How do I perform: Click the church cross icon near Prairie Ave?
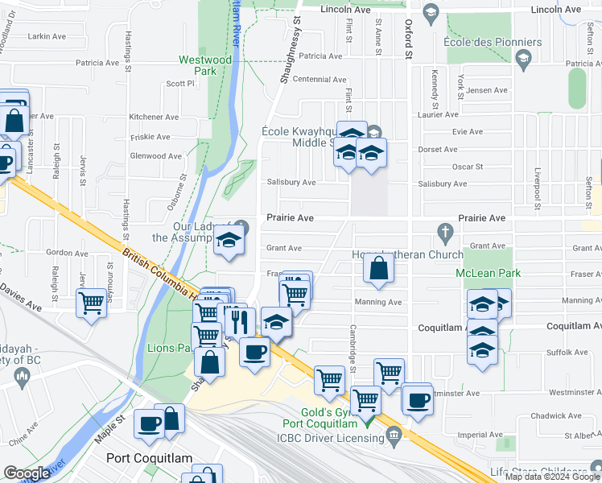[x=444, y=233]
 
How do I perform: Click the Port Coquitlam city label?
[x=150, y=458]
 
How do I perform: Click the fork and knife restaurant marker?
[x=240, y=321]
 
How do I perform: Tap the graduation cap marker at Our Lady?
[x=229, y=242]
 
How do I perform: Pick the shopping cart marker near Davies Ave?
[x=92, y=303]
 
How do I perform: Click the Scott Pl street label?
[x=180, y=83]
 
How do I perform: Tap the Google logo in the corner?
[x=27, y=473]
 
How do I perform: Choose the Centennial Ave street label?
[x=319, y=80]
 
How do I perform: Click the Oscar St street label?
[x=467, y=167]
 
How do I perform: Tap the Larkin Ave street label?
[x=47, y=36]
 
